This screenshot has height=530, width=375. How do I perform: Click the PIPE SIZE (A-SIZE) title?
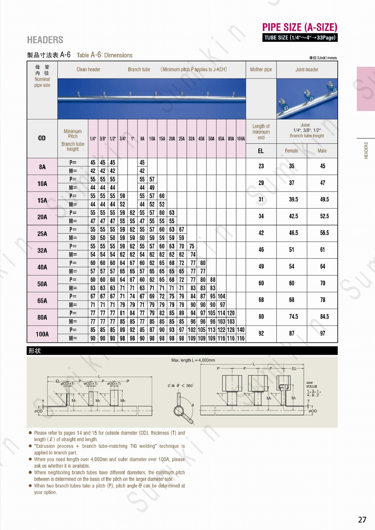299,27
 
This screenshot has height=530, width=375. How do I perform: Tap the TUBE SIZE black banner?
300,38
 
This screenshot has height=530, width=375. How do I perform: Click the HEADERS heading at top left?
45,40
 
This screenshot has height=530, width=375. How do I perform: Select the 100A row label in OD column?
42,334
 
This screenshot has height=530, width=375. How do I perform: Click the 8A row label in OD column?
42,167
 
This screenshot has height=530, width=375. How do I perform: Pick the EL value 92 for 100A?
261,333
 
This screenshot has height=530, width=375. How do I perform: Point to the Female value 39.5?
293,199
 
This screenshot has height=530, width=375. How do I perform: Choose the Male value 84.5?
324,317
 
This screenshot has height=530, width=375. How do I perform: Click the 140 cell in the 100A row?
241,330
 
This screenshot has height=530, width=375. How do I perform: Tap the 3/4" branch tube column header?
122,139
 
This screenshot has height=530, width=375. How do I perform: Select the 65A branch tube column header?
221,139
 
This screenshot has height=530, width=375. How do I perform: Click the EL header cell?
261,151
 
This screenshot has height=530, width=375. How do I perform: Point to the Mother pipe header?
261,70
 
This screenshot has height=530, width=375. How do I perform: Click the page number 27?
362,519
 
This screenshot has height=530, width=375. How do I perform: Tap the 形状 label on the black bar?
35,351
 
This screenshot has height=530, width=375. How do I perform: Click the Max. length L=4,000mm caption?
193,360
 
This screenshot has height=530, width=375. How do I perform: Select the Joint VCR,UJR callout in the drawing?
312,385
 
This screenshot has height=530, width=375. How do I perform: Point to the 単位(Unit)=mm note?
323,58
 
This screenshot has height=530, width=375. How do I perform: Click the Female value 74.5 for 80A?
293,317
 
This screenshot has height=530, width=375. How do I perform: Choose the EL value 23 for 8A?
261,166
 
